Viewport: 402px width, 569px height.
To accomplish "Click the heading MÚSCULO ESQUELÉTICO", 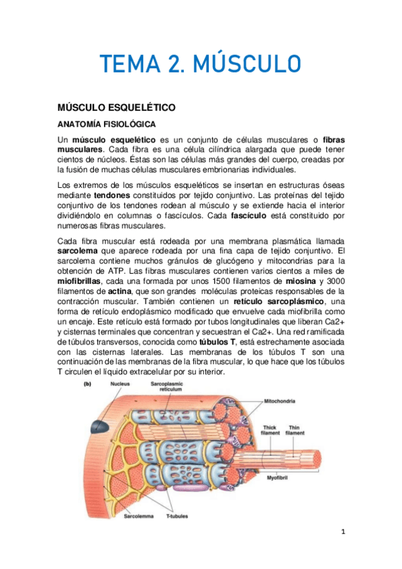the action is (x=116, y=107).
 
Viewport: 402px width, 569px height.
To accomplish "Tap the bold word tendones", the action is (x=113, y=195).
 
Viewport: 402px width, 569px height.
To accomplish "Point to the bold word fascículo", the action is (x=249, y=217).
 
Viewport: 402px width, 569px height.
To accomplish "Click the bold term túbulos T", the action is (x=217, y=341).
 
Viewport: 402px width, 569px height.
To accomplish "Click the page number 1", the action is (x=342, y=532).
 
